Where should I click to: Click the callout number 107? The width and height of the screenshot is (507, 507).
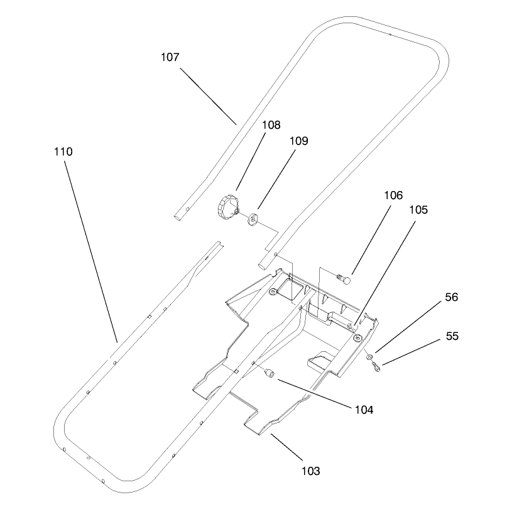[x=170, y=57]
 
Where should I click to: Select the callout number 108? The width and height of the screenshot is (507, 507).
[x=271, y=125]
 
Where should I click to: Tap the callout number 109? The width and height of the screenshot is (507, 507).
[x=299, y=141]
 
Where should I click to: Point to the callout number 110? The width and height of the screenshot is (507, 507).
[x=63, y=151]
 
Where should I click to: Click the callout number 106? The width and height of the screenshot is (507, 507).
[x=393, y=195]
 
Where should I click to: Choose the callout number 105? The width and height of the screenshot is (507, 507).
[x=418, y=210]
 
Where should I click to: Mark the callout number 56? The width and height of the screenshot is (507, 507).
[x=451, y=297]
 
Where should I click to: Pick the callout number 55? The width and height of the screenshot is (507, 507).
[x=452, y=336]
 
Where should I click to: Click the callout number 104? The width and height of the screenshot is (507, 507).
[x=364, y=410]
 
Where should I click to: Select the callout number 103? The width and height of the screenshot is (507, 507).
[x=311, y=471]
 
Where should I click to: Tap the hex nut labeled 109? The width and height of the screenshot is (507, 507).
[x=252, y=218]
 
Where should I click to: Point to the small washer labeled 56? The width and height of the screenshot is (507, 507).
[x=369, y=357]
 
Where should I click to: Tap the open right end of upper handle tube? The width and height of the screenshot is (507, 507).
[x=262, y=267]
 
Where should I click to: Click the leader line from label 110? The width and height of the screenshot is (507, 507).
[x=91, y=251]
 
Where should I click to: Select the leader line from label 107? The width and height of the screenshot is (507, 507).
[x=209, y=96]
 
